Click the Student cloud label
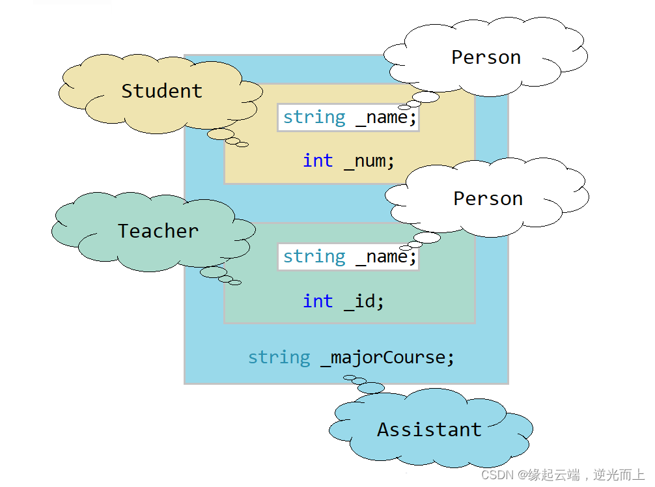[161, 91]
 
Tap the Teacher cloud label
[158, 231]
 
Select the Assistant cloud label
[429, 430]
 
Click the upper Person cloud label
[486, 57]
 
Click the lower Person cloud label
[488, 199]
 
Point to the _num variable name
[369, 161]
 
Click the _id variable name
[363, 301]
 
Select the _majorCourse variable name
[387, 357]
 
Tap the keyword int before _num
[318, 161]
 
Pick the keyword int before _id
[318, 301]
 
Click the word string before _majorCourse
[279, 357]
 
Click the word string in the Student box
[314, 118]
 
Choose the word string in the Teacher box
[314, 257]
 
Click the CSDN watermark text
[563, 475]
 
